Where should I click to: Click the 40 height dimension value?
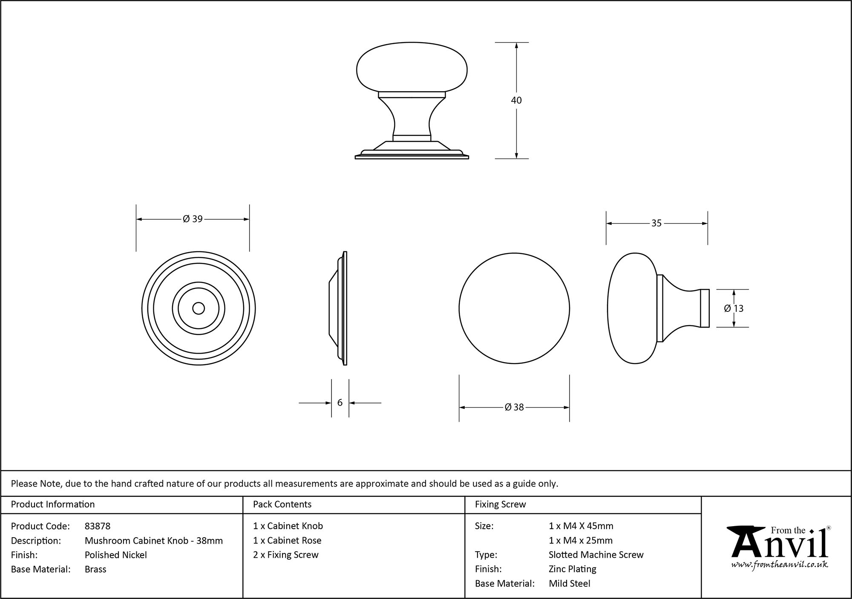click(516, 101)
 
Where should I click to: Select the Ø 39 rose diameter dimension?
click(193, 219)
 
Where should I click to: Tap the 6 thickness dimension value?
click(340, 403)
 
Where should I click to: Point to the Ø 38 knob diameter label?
click(514, 407)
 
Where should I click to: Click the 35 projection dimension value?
click(656, 223)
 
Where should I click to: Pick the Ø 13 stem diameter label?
click(734, 308)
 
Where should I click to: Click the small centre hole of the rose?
click(199, 308)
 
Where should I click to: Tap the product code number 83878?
click(98, 526)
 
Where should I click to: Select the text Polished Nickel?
click(116, 555)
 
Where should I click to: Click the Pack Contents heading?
click(282, 504)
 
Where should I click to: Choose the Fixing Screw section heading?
click(500, 504)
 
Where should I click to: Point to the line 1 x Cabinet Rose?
click(287, 540)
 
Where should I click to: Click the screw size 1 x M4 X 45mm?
click(581, 526)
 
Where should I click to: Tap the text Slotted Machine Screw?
click(596, 555)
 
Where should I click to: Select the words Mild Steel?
click(570, 583)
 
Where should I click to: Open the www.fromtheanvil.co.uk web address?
click(779, 564)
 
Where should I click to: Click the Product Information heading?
click(53, 504)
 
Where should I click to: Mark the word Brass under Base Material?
click(95, 569)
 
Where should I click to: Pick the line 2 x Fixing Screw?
click(285, 555)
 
